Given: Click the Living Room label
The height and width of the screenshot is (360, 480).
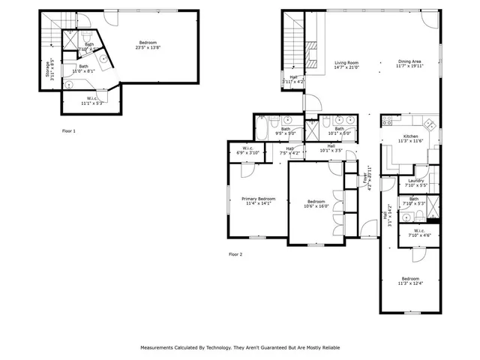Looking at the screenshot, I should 346,62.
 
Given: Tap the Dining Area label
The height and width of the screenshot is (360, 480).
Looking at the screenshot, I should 410,62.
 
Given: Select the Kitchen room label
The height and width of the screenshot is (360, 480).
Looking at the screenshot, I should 410,136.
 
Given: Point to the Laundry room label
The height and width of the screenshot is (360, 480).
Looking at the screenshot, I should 416,180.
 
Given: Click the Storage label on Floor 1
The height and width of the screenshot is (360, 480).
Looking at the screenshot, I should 49,69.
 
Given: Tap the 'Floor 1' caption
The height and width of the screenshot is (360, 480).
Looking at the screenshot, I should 69,130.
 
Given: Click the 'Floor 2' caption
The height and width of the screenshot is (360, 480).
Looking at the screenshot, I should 235,254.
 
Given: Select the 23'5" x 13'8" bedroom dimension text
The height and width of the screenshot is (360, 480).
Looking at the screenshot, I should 147,47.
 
